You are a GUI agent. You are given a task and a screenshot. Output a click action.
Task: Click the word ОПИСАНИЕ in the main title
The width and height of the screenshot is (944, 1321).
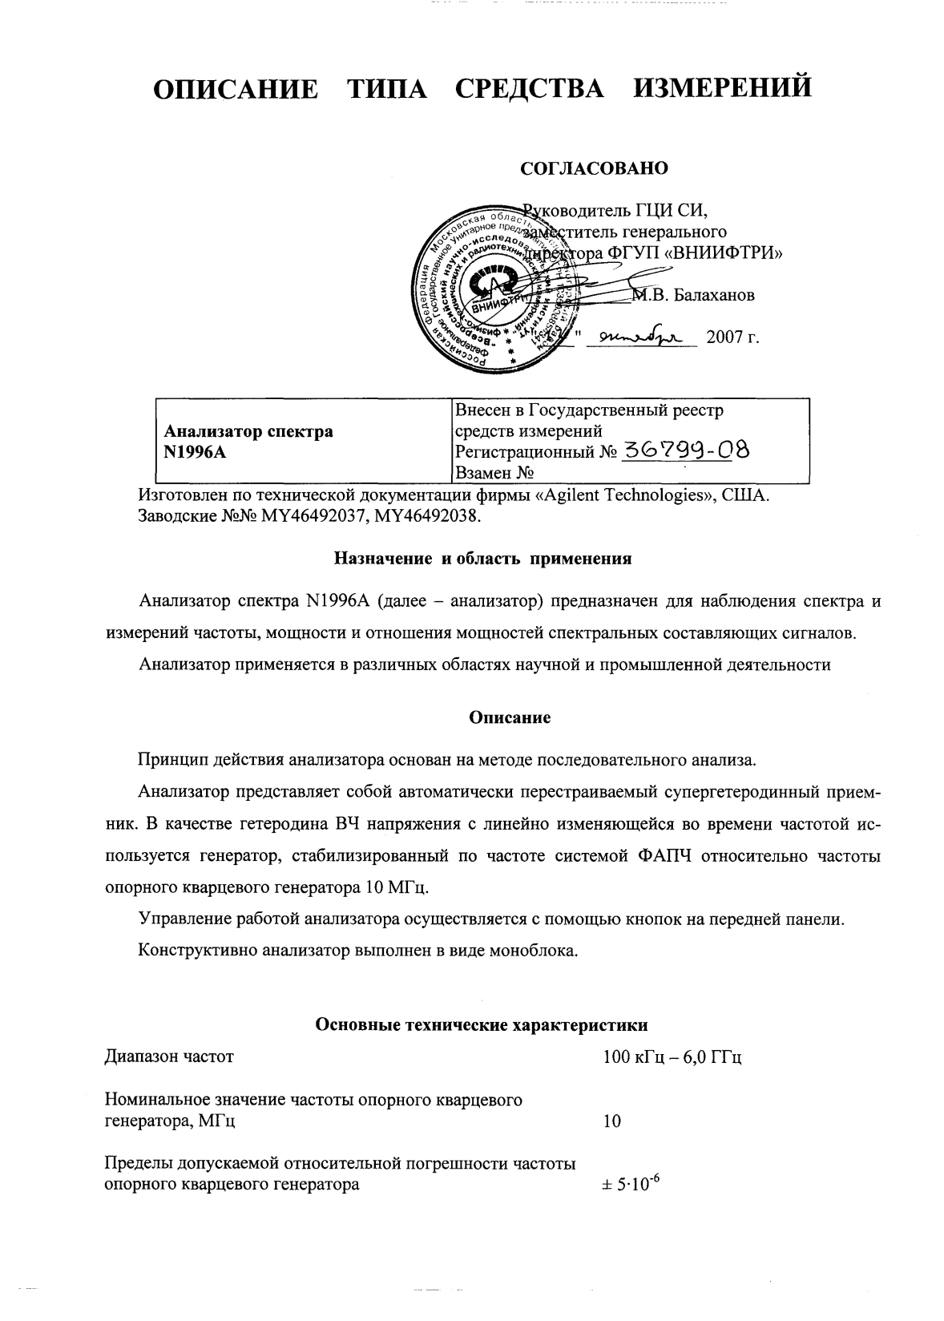(234, 87)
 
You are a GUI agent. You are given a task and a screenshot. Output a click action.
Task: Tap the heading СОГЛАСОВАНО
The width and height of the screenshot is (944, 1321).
(594, 169)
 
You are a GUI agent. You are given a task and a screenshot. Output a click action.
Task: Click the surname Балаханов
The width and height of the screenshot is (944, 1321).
(713, 296)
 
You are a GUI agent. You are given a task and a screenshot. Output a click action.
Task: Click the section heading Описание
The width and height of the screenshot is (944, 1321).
(510, 717)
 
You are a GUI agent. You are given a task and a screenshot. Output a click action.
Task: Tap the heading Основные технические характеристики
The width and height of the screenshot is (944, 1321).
(482, 1024)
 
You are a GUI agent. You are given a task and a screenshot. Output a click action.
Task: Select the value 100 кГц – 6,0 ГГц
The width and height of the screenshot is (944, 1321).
(672, 1056)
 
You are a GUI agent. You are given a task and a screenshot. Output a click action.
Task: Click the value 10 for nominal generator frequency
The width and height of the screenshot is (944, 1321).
(611, 1121)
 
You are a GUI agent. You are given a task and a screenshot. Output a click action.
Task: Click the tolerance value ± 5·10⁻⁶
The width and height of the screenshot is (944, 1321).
(630, 1184)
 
